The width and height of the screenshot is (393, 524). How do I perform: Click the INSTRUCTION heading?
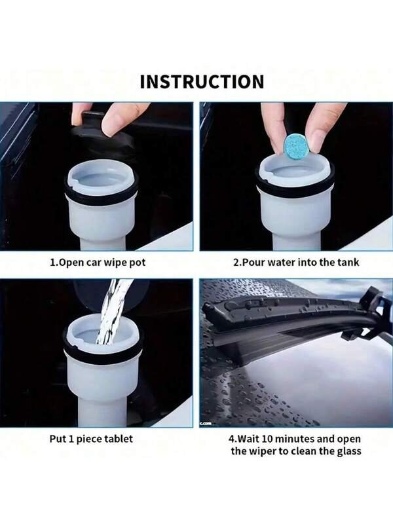[x=202, y=82]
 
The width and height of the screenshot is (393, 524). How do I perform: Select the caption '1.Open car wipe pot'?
[x=98, y=263]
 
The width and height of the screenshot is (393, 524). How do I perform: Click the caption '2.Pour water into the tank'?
[x=296, y=263]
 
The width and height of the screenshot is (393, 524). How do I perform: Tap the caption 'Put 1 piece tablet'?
[x=91, y=438]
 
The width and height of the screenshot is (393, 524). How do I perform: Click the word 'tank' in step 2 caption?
[x=348, y=263]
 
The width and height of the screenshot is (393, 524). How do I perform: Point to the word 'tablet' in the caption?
[x=117, y=438]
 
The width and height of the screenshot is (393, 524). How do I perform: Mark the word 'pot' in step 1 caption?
[x=138, y=263]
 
